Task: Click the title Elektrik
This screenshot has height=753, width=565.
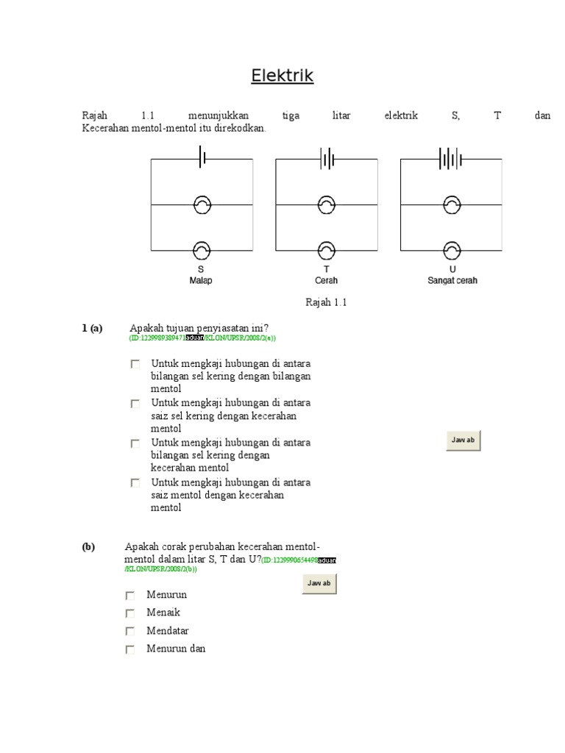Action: [282, 76]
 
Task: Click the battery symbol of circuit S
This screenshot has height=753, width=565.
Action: [202, 158]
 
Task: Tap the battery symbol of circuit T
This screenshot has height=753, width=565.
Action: [327, 158]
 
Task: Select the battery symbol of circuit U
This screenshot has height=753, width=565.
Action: [450, 158]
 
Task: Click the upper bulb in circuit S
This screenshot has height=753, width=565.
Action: [202, 204]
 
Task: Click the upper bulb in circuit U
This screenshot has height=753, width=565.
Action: [452, 204]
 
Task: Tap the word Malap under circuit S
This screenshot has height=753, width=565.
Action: [201, 281]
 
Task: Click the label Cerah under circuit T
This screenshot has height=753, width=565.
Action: [327, 281]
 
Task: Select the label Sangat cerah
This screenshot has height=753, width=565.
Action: [452, 281]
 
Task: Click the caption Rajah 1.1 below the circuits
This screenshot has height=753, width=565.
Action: [325, 302]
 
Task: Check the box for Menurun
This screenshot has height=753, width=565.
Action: [130, 596]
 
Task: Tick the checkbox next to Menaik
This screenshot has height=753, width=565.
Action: [130, 613]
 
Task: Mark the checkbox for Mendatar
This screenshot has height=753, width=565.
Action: [130, 632]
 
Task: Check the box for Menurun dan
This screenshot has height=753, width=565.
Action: [130, 649]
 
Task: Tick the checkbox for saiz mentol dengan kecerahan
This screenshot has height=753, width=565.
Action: [135, 483]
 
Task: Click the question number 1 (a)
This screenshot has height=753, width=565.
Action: [92, 328]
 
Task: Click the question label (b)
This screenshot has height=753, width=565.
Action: [88, 547]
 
